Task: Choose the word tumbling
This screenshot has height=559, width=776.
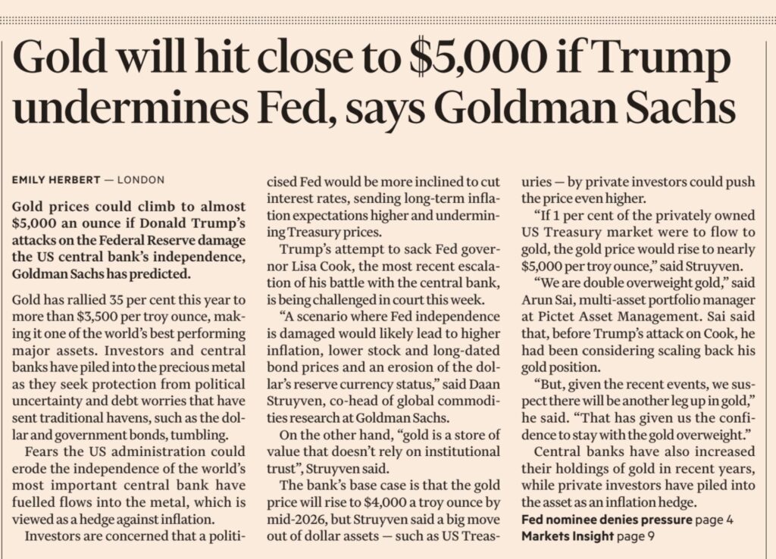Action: click(x=175, y=436)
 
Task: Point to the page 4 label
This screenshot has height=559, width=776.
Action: click(x=716, y=520)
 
